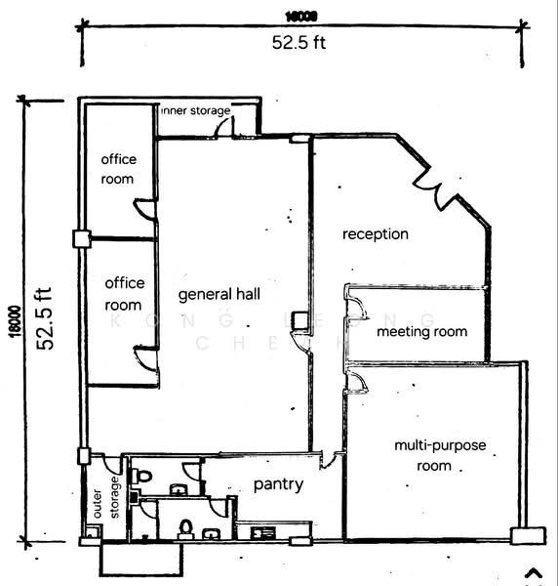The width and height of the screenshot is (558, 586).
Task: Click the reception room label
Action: pos(375,234)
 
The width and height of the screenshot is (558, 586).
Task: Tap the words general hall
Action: pos(219,294)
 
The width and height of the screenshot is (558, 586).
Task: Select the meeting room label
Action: pos(421,331)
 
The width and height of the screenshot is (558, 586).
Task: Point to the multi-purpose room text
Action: pos(439,455)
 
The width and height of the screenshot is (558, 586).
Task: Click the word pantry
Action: pos(278,484)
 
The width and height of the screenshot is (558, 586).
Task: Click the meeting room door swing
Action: pos(356,308)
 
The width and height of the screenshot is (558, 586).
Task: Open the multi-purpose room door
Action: pos(356,381)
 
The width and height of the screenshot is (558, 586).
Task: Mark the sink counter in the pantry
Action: pos(263,533)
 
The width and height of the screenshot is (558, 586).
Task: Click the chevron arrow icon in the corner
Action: pos(533,574)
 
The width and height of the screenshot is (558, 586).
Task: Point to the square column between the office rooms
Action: pos(81,238)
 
